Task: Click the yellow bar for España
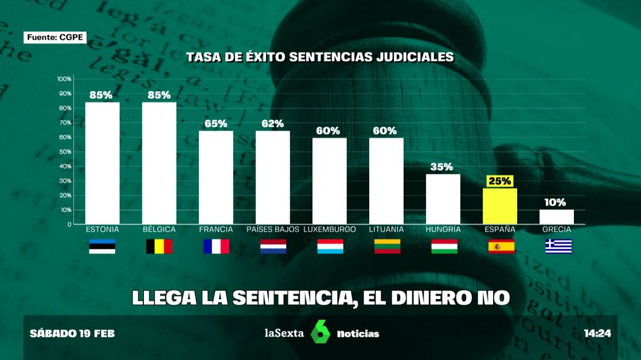(500, 206)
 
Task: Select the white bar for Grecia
(557, 217)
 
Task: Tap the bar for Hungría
(443, 199)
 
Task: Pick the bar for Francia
(216, 177)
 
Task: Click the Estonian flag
(102, 246)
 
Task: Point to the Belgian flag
(159, 246)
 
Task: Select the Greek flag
(558, 246)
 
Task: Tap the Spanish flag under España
(501, 246)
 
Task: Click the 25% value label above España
(499, 181)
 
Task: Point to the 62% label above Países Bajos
(272, 123)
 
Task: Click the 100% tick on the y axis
(64, 79)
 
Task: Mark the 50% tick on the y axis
(65, 152)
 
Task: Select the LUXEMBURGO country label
(329, 229)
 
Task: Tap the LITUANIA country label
(386, 229)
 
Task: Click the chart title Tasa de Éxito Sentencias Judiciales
(320, 57)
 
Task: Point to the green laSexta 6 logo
(320, 332)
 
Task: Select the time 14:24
(597, 333)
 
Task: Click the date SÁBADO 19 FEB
(72, 333)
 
